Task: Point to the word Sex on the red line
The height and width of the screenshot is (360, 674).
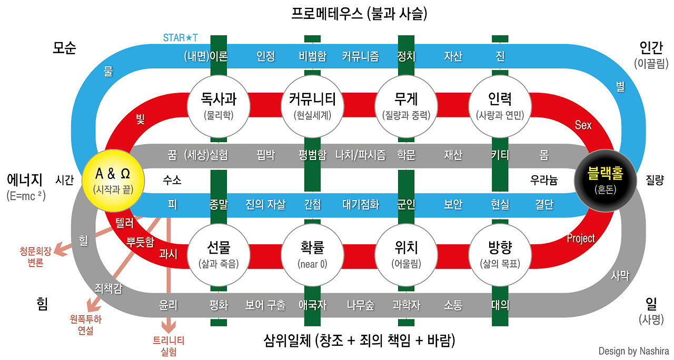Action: click(583, 125)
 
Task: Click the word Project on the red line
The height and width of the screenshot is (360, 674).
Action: click(581, 238)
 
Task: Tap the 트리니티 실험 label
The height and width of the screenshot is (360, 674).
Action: click(168, 346)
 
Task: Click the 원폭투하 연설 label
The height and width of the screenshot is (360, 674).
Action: click(85, 324)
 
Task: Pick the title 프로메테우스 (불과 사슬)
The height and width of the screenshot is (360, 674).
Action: click(359, 13)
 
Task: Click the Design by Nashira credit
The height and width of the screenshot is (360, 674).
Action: click(633, 351)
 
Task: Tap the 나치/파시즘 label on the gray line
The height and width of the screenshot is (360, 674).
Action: click(360, 155)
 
